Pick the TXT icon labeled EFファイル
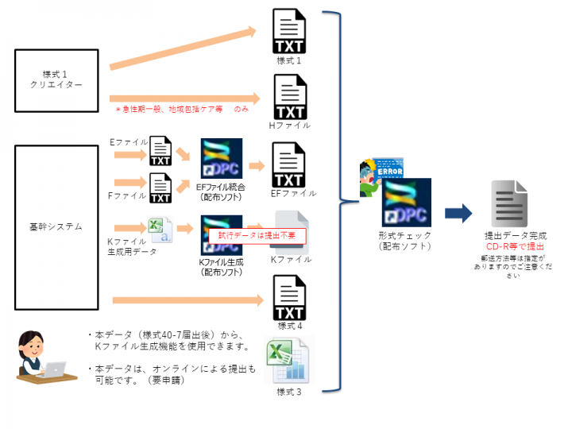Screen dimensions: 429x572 288,164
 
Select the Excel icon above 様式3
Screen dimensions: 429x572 288,361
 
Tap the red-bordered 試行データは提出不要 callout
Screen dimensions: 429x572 256,236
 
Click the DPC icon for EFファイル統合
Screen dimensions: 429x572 222,160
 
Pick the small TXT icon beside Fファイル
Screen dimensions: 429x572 161,188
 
